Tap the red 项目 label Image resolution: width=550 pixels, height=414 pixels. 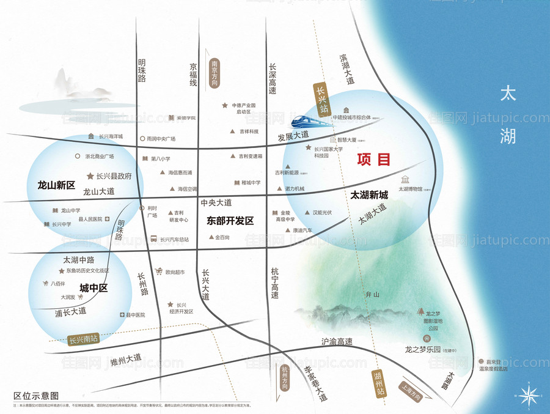click(x=373, y=160)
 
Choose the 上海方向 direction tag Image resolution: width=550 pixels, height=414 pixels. click(x=413, y=391)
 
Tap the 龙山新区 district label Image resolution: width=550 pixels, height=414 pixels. click(x=56, y=185)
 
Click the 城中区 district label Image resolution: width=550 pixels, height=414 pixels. click(x=94, y=288)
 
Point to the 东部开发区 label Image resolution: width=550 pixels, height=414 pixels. click(x=230, y=221)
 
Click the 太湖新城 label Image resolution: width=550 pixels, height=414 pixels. click(x=369, y=196)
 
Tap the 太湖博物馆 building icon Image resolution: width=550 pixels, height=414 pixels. click(x=405, y=179)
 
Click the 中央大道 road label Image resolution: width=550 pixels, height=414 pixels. click(x=216, y=202)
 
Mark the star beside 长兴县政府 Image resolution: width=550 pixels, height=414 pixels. click(x=90, y=176)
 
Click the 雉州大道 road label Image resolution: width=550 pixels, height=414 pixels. click(x=126, y=358)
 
